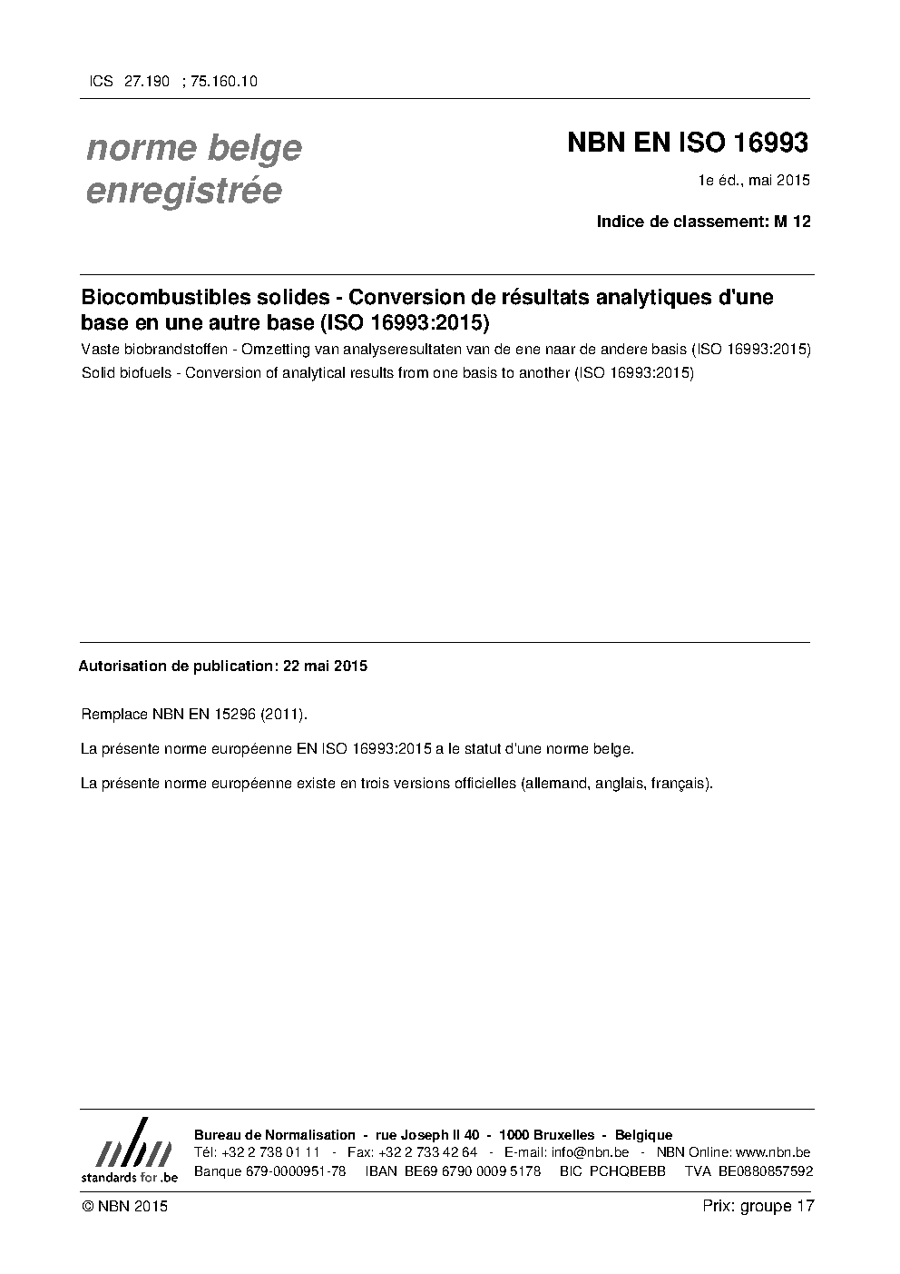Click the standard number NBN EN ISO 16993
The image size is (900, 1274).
coord(687,143)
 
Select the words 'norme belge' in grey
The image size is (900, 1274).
coord(193,147)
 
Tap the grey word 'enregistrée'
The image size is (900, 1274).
coord(183,192)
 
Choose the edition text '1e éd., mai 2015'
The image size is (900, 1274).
coord(752,180)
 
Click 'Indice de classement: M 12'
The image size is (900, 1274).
coord(703,221)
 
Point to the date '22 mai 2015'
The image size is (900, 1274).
coord(325,666)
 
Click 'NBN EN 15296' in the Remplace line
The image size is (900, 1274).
coord(204,715)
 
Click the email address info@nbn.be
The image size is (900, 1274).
coord(590,1152)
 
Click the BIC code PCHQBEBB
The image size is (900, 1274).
coord(627,1170)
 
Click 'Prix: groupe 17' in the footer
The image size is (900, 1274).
coord(758,1206)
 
